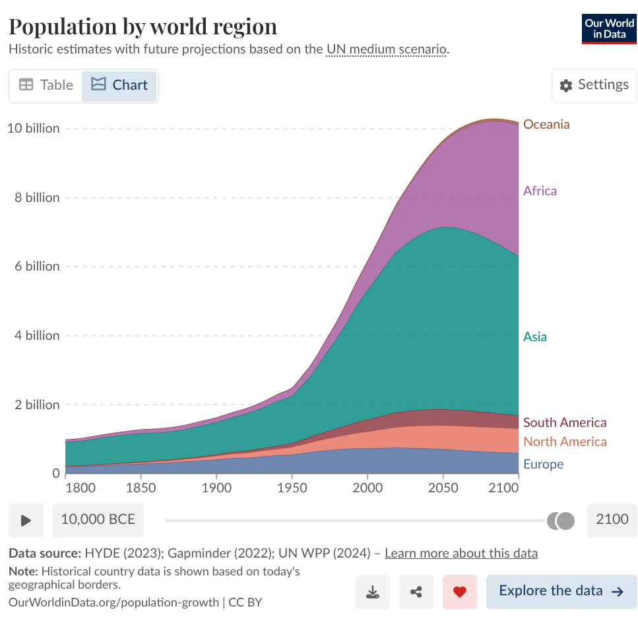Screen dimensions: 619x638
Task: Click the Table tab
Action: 46,85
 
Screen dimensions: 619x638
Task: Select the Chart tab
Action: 119,85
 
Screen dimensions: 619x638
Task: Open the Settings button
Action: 594,85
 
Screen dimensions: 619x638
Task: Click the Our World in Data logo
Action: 608,28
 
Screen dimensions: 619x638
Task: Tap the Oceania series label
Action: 546,124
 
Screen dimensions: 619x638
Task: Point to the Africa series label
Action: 540,191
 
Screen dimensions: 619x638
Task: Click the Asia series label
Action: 534,337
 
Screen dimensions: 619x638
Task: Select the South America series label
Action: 564,422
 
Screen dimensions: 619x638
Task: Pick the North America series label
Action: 564,441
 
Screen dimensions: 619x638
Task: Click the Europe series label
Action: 543,464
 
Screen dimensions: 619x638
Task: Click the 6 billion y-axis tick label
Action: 37,266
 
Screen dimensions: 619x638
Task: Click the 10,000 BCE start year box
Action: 98,519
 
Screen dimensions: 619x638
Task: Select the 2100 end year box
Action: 612,519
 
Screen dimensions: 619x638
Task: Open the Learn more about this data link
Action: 461,553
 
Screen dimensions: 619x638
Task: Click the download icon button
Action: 373,591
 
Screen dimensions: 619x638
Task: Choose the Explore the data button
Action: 561,591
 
